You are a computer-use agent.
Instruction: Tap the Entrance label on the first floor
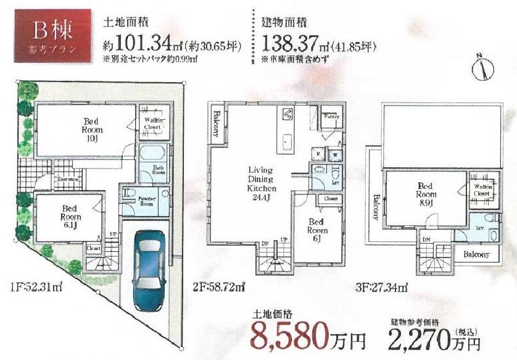[67, 180]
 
